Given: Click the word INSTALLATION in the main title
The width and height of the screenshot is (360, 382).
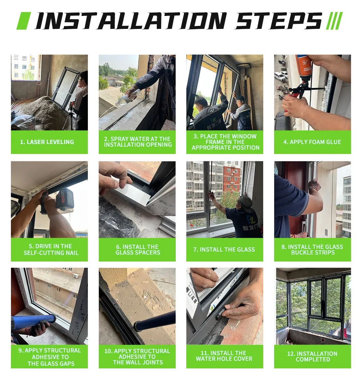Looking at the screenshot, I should coord(131,21).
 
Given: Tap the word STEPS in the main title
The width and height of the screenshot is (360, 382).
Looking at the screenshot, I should coord(278,21).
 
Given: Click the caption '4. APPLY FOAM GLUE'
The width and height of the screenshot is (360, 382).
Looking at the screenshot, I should coord(312,142).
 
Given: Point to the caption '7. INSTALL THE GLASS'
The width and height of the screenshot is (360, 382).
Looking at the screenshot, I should coord(224,250).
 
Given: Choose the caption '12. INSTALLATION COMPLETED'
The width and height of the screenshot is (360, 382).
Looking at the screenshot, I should coord(312,356).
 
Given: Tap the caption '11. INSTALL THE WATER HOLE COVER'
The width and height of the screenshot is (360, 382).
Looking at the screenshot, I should coord(224,356).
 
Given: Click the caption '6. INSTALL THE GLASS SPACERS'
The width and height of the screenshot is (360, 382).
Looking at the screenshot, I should coord(138,250).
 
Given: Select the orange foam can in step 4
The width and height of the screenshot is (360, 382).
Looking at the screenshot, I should coord(304,67).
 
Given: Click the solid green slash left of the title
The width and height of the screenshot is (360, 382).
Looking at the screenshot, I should coord(24,21).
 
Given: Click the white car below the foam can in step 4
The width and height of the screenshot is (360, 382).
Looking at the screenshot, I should coord(280,76).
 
